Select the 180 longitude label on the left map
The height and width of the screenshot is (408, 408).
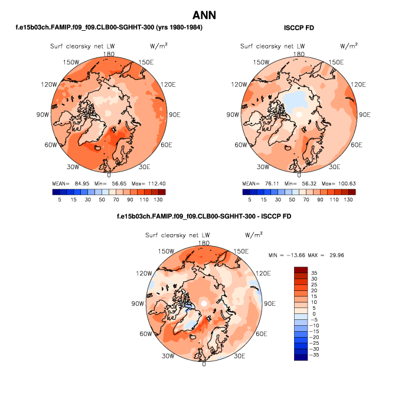(109, 54)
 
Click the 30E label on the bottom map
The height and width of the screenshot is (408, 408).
(240, 356)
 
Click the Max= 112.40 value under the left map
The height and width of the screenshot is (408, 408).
(148, 183)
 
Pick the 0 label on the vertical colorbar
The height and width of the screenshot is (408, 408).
(314, 313)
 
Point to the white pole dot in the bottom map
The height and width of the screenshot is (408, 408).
(204, 303)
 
